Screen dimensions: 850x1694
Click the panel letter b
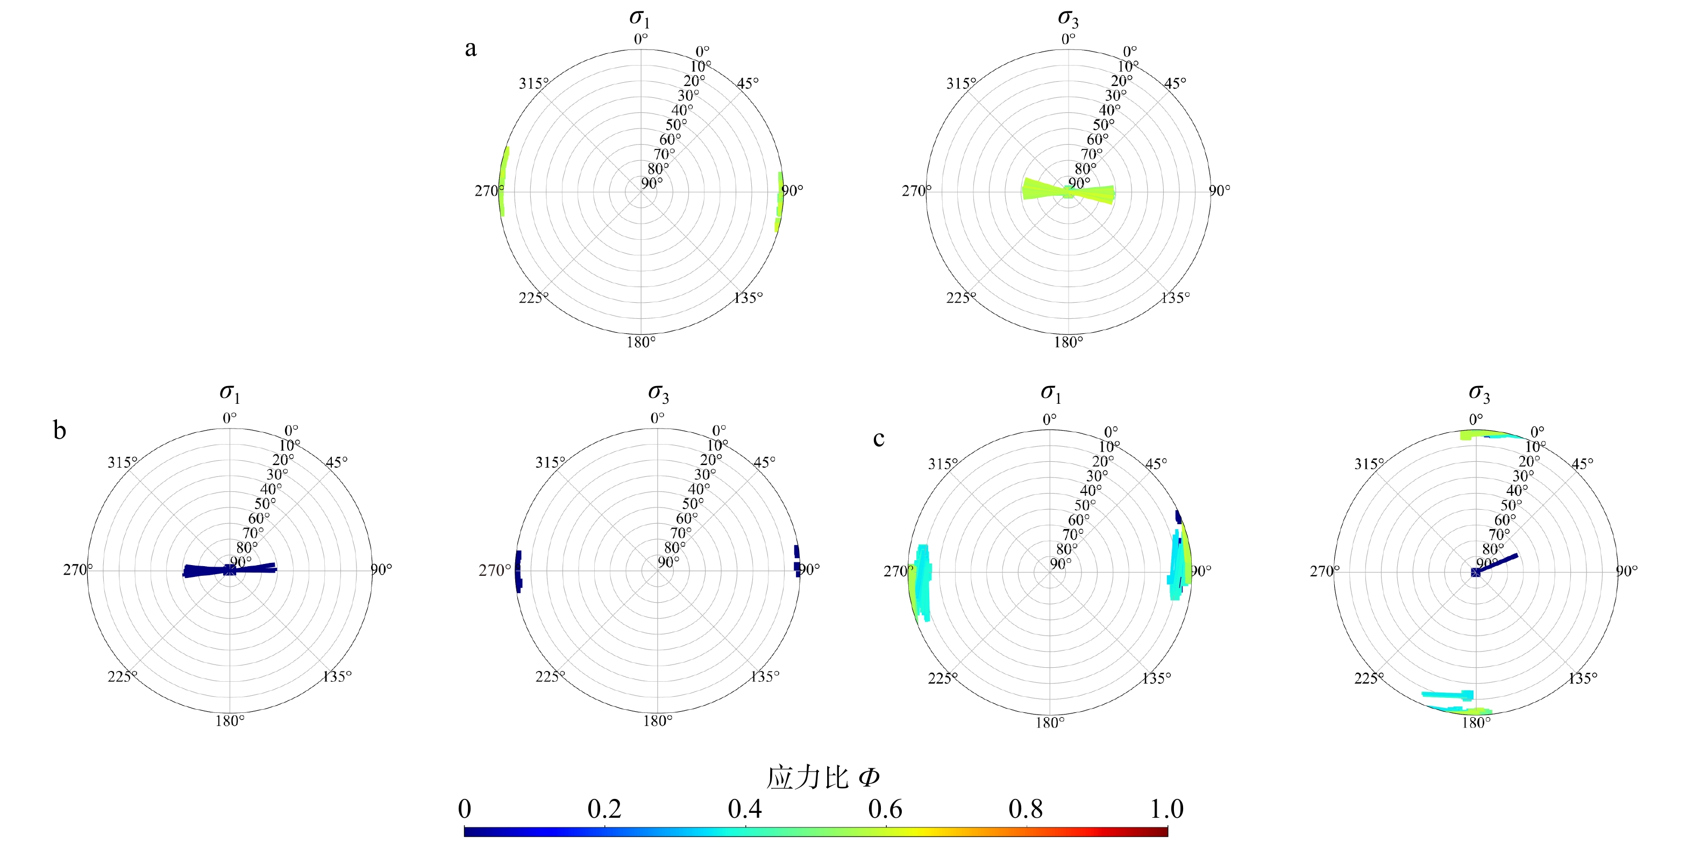pyautogui.click(x=59, y=430)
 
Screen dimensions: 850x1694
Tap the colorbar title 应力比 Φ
pyautogui.click(x=823, y=777)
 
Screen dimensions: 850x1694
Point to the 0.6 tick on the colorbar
pyautogui.click(x=885, y=809)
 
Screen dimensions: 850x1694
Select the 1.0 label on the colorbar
pyautogui.click(x=1166, y=809)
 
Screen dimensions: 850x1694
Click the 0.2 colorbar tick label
pyautogui.click(x=604, y=809)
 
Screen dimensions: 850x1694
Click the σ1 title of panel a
pyautogui.click(x=639, y=18)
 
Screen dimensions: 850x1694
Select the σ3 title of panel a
pyautogui.click(x=1068, y=18)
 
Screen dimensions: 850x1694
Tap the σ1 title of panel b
pyautogui.click(x=230, y=392)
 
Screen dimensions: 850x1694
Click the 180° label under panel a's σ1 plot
pyautogui.click(x=640, y=342)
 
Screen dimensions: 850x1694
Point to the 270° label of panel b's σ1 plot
pyautogui.click(x=77, y=569)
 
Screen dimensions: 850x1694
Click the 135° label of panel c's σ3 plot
pyautogui.click(x=1583, y=678)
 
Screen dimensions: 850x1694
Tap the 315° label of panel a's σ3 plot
pyautogui.click(x=961, y=83)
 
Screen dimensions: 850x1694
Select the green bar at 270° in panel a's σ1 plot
pyautogui.click(x=504, y=181)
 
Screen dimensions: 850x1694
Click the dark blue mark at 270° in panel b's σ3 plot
pyautogui.click(x=518, y=570)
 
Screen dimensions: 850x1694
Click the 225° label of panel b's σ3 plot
pyautogui.click(x=550, y=676)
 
